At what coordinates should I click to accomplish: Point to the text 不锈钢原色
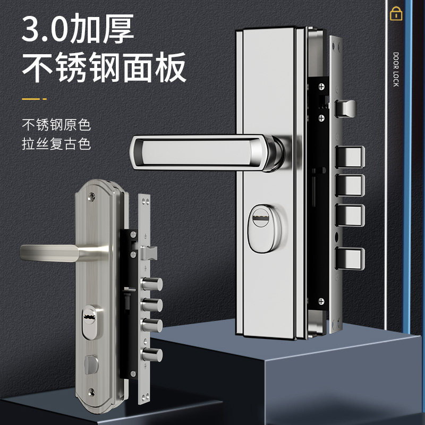pos(56,126)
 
